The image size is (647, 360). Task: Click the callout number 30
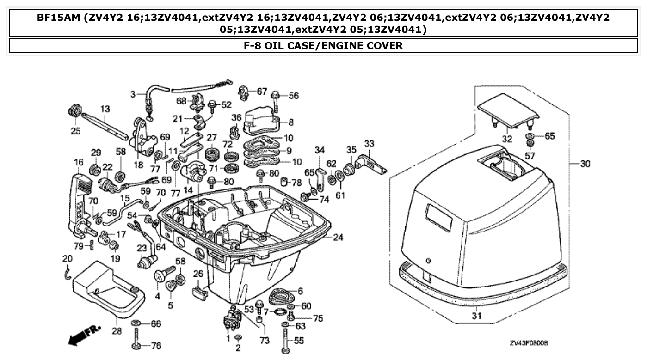point(585,164)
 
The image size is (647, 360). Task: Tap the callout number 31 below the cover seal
point(477,317)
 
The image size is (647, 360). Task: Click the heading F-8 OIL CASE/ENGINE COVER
point(323,45)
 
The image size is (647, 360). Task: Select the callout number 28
point(116,331)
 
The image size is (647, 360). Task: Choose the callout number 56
point(294,96)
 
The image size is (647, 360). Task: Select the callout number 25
point(75,132)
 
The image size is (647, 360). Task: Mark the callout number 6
point(300,291)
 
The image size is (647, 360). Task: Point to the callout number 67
point(262,92)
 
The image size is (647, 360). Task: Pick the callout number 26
point(198,274)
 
